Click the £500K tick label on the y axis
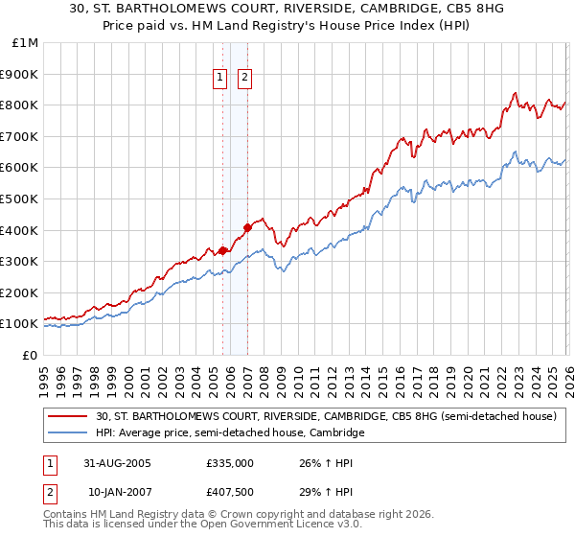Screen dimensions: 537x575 click(19, 198)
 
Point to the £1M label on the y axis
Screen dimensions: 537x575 click(24, 42)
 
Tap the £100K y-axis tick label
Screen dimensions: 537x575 click(19, 324)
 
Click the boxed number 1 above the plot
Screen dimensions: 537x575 click(220, 78)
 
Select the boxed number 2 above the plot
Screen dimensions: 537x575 click(244, 78)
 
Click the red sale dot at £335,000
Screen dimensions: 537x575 click(223, 250)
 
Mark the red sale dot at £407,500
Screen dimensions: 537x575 click(247, 227)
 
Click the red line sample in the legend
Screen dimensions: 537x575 click(69, 416)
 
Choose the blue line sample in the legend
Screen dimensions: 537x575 click(69, 433)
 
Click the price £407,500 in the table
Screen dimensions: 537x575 click(230, 492)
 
